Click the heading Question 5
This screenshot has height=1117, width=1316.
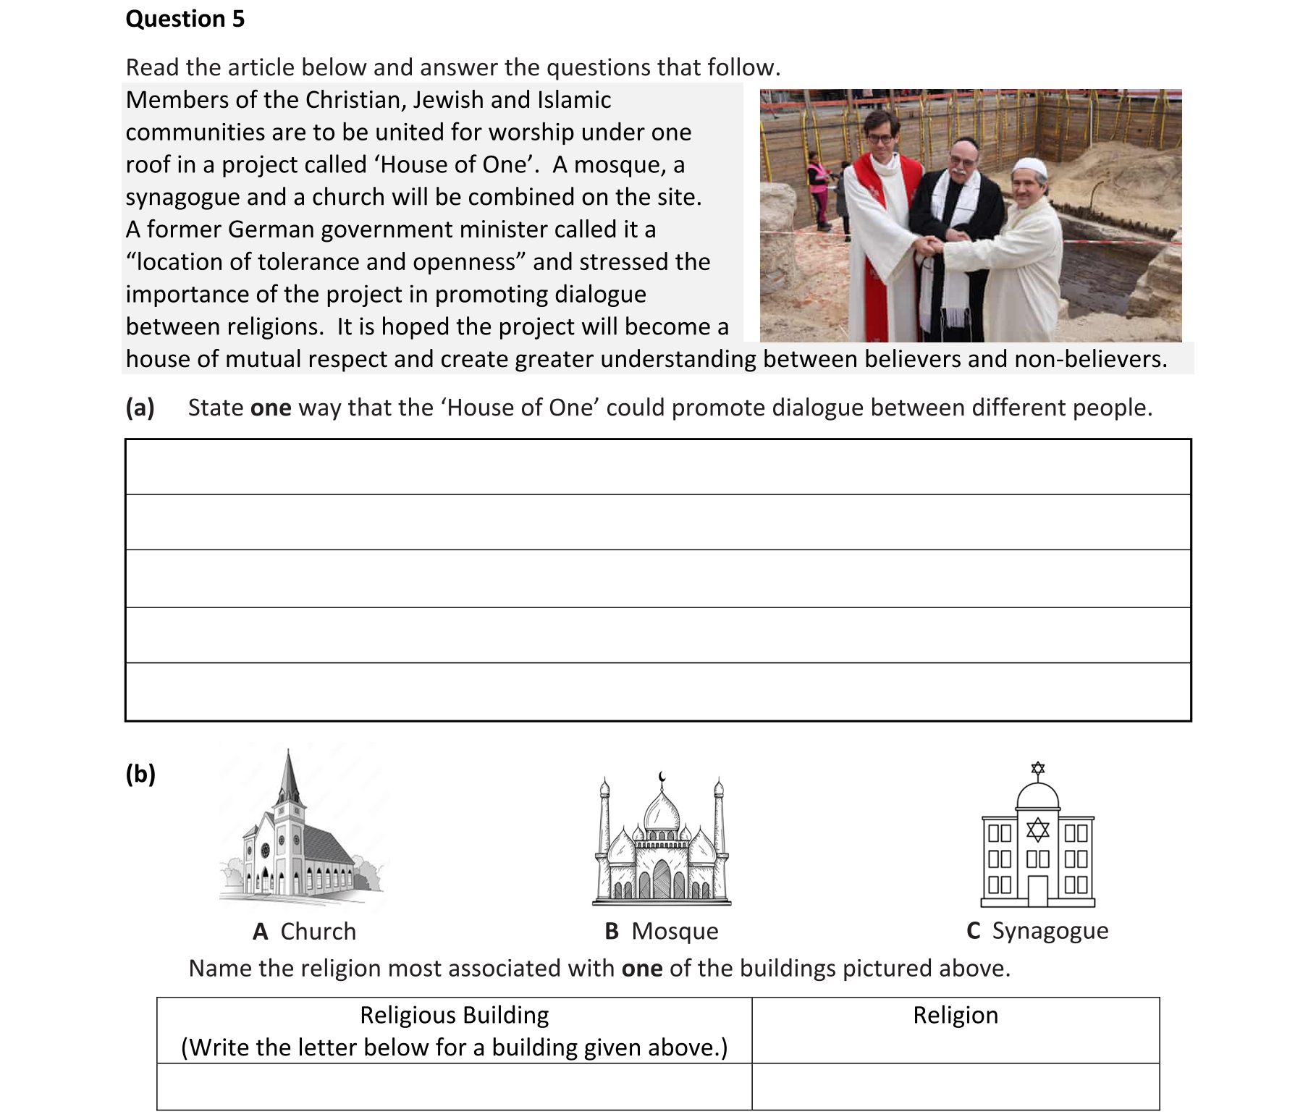click(185, 19)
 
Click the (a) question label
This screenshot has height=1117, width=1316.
click(140, 408)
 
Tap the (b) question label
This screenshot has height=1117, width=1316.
click(140, 774)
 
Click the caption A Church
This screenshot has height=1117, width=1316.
click(304, 931)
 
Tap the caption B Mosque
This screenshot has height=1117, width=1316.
click(661, 931)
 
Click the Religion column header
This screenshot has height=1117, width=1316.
click(955, 1015)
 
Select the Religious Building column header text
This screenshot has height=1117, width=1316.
click(454, 1015)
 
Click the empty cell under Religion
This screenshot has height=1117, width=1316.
click(955, 1086)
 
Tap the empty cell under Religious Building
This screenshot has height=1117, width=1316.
click(454, 1086)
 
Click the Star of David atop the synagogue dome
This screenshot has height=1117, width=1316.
click(1038, 768)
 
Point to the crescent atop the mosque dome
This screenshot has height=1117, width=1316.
click(661, 777)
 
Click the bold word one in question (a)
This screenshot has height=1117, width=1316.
click(270, 408)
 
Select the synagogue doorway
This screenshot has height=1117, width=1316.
click(1038, 891)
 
